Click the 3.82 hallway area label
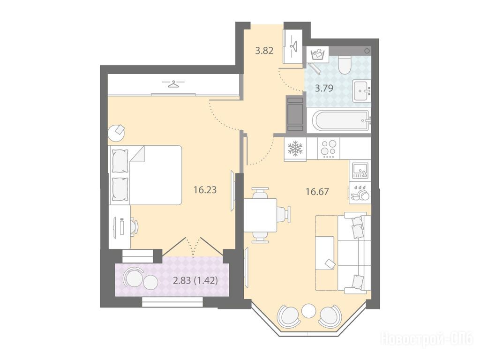tap(264, 51)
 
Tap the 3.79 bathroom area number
tap(324, 89)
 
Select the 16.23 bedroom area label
tap(205, 190)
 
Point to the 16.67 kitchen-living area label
tap(317, 192)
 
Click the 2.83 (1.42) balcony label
tap(195, 280)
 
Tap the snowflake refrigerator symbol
tap(295, 149)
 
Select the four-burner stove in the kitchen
tap(329, 149)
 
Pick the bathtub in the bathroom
tap(340, 121)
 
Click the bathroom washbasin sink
tap(361, 90)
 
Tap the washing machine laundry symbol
tap(317, 55)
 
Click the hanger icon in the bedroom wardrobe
tap(173, 83)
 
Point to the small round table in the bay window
tap(308, 311)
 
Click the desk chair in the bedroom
tap(134, 226)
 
